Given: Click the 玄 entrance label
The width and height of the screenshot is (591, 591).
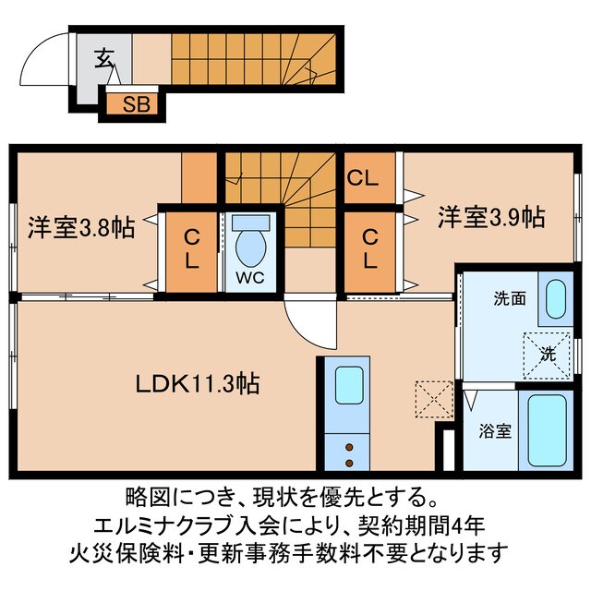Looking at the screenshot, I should (102, 60).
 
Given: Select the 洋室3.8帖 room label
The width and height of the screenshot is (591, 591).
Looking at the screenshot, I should (81, 227).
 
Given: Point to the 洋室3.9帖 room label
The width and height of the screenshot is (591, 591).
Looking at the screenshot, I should (489, 218).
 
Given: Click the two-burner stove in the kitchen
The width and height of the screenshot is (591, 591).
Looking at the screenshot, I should (350, 451).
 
